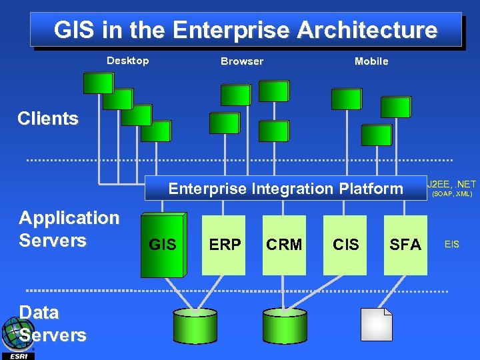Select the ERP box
click(x=225, y=245)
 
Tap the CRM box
click(x=284, y=245)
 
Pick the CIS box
click(x=345, y=245)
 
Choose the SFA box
click(x=405, y=245)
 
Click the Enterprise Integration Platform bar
click(x=285, y=189)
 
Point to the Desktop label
click(x=128, y=61)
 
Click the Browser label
click(x=242, y=61)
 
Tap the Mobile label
click(x=371, y=61)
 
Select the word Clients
click(x=48, y=119)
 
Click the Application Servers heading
click(x=69, y=229)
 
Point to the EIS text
click(x=451, y=245)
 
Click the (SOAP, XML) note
click(x=452, y=194)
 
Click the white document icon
click(x=377, y=324)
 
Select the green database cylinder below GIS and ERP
click(x=195, y=325)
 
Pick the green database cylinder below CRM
click(x=285, y=325)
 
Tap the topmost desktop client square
click(x=97, y=83)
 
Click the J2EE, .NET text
click(x=452, y=183)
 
